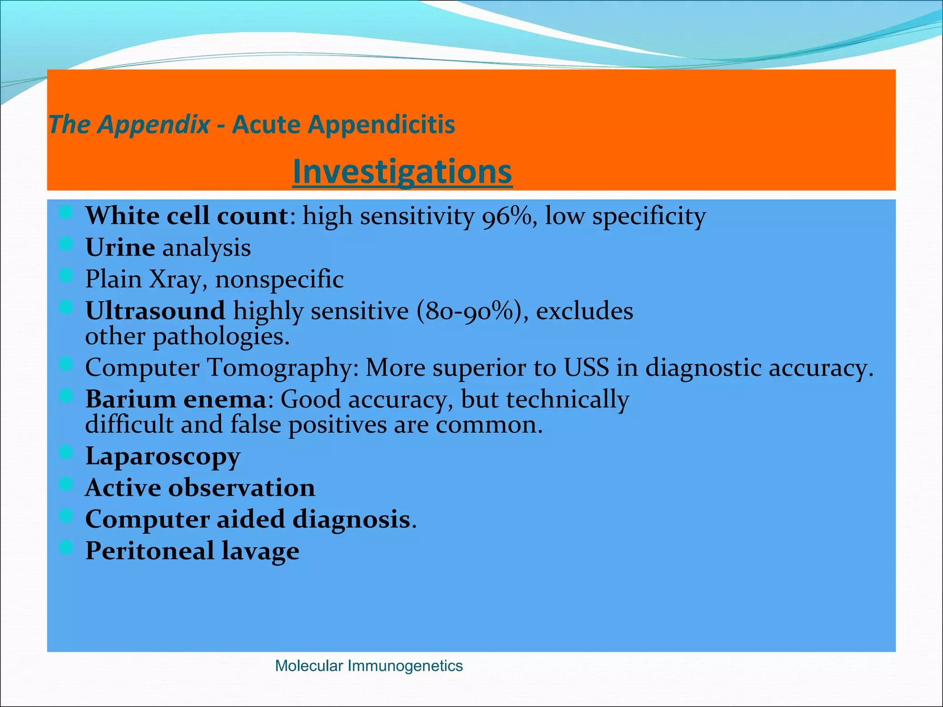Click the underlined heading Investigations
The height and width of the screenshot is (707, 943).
[402, 171]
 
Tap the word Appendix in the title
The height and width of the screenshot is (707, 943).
[154, 124]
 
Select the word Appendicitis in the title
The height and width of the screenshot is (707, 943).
[381, 124]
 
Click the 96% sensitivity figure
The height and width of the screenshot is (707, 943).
[507, 216]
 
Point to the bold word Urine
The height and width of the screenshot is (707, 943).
[120, 248]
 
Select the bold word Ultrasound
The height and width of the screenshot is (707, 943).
[155, 311]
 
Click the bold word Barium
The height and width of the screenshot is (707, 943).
[130, 399]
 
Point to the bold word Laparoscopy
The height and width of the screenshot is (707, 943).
[163, 457]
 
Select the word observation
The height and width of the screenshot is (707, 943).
[241, 487]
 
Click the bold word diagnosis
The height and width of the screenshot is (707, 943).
[351, 519]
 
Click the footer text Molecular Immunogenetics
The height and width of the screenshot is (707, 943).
[368, 666]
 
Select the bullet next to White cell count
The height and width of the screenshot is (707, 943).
[66, 212]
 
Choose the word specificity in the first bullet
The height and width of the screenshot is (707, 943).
[649, 216]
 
